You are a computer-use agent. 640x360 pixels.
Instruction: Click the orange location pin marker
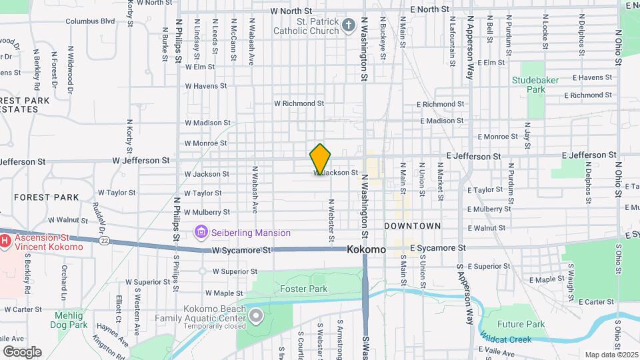tap(320, 159)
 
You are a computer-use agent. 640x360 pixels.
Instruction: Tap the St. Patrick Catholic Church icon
tap(348, 26)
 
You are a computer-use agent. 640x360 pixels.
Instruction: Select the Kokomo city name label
tap(366, 249)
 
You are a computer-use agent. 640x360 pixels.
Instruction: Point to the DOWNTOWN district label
tap(412, 226)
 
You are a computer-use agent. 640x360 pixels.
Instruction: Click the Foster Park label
tap(303, 289)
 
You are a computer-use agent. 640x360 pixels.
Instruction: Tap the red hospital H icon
tap(5, 239)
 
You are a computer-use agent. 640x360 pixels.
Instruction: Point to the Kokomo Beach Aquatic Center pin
tap(255, 315)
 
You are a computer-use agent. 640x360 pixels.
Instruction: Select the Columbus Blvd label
tap(90, 21)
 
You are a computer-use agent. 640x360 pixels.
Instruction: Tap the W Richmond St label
tap(299, 103)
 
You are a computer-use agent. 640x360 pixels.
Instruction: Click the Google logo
tap(22, 351)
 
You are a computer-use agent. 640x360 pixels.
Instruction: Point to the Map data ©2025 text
tap(611, 355)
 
